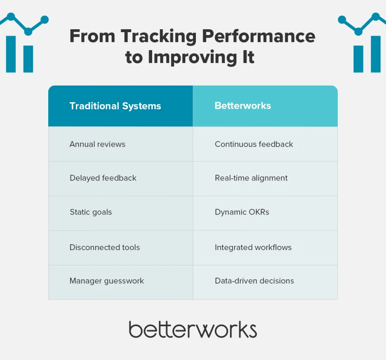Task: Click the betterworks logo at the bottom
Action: pyautogui.click(x=193, y=330)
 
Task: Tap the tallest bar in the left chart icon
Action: pyautogui.click(x=11, y=54)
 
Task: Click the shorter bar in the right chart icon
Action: pyautogui.click(x=358, y=59)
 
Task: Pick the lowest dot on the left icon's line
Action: pyautogui.click(x=28, y=31)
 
